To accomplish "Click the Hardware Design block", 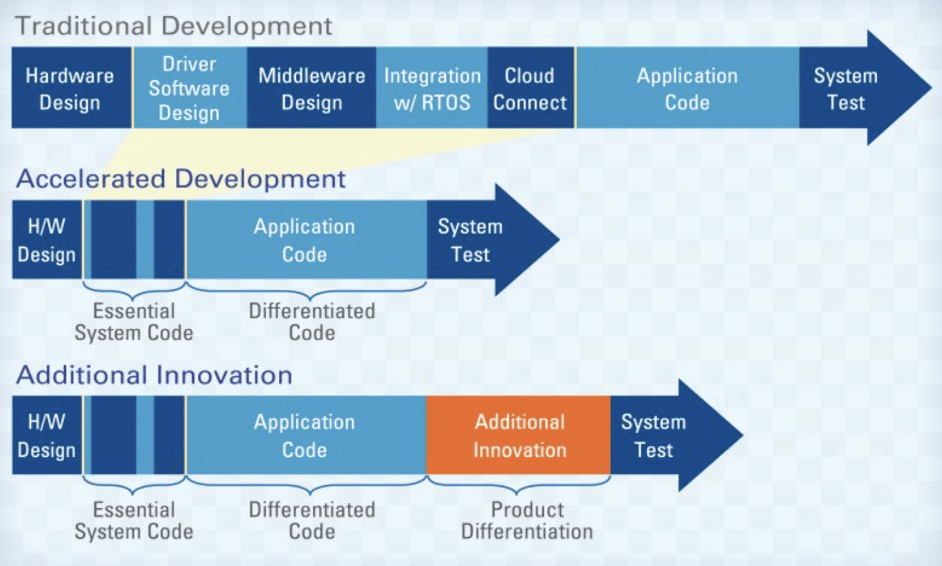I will (x=70, y=88).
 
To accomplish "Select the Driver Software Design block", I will (x=189, y=88).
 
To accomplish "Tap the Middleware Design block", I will (x=311, y=88).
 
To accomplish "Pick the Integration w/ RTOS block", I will (x=432, y=88).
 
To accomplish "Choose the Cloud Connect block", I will (x=530, y=88).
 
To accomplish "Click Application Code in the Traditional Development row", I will (x=687, y=88).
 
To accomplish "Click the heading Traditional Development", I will (x=174, y=26).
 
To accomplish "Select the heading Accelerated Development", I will (x=181, y=179).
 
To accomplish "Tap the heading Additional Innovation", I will (x=154, y=375).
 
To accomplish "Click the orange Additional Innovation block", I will (x=519, y=435).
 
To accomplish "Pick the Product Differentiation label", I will (x=527, y=520).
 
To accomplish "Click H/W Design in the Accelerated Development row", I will (x=46, y=240).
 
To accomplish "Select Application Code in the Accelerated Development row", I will (x=305, y=240).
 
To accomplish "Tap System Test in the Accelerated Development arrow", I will (x=470, y=240).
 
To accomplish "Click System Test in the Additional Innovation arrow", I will (x=653, y=435).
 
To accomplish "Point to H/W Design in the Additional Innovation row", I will (x=46, y=435).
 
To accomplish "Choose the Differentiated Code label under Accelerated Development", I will (x=311, y=321).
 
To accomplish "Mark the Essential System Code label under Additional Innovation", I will (x=134, y=520).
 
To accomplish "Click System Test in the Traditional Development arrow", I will (x=845, y=88).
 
